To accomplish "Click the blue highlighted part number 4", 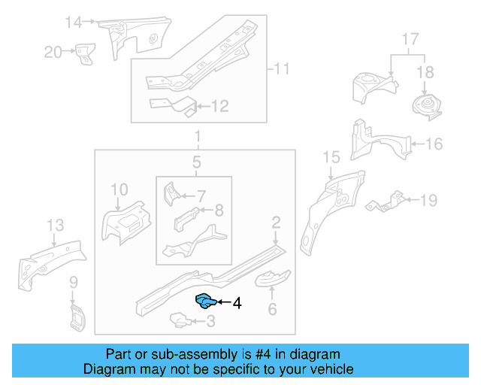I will click(x=205, y=302).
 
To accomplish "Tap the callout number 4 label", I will click(x=237, y=304).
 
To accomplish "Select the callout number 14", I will click(x=73, y=23).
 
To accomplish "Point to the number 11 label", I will click(x=280, y=70).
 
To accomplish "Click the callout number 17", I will click(x=409, y=38).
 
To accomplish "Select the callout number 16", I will click(x=434, y=144).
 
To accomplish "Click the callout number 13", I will click(x=56, y=226).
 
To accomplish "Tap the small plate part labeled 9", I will click(x=76, y=317).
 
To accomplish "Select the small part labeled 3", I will click(x=178, y=321).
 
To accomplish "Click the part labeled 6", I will click(x=272, y=280).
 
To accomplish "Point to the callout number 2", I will click(x=276, y=221).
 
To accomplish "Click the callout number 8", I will click(x=219, y=211).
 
